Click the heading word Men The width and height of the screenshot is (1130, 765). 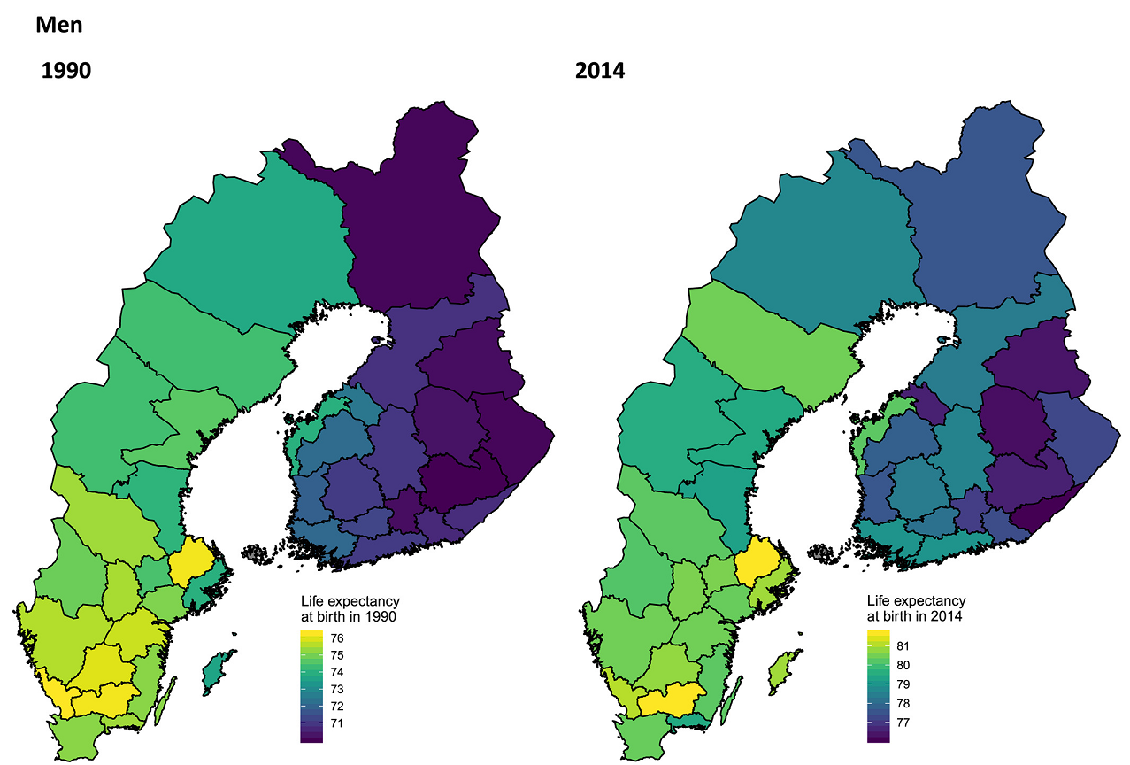(x=59, y=25)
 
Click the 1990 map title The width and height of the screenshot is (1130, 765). (x=66, y=71)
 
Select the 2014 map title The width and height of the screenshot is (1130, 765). (x=600, y=71)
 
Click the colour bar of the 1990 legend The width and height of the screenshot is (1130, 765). (x=311, y=685)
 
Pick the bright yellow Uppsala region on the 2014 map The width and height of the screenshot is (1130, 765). (x=759, y=563)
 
